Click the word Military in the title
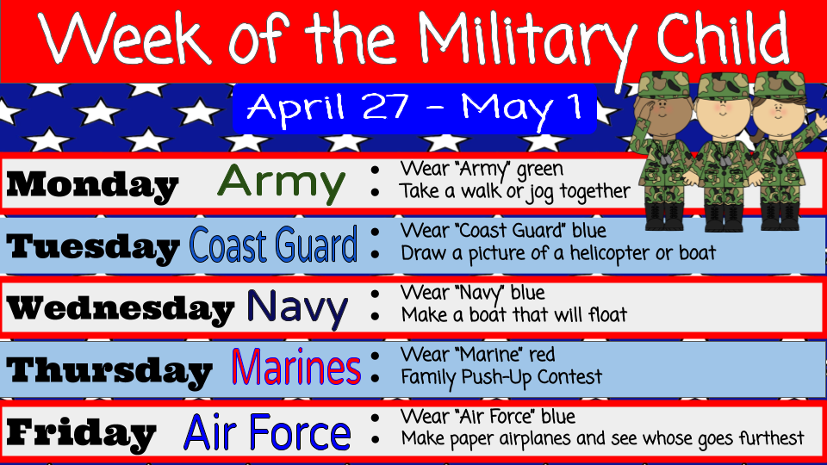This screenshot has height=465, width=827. tap(526, 42)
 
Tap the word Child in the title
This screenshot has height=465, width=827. tap(722, 36)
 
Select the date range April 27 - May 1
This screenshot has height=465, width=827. tap(414, 108)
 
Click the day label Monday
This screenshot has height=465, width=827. tap(93, 186)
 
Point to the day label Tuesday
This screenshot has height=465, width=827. tap(93, 248)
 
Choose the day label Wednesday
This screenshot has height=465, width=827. tap(121, 308)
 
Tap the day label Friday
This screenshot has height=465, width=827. tap(82, 432)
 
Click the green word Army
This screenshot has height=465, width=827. tap(281, 184)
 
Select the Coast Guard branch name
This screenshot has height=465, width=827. tap(273, 245)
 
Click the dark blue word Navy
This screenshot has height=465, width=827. tap(297, 308)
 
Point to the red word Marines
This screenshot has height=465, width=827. tap(295, 367)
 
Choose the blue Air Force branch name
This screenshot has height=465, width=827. tap(267, 431)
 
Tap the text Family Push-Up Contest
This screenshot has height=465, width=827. tap(501, 377)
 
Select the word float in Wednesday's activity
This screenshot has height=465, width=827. tap(607, 315)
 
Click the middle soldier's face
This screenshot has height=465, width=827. tap(723, 110)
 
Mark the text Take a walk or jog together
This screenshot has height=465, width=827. tap(514, 192)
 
